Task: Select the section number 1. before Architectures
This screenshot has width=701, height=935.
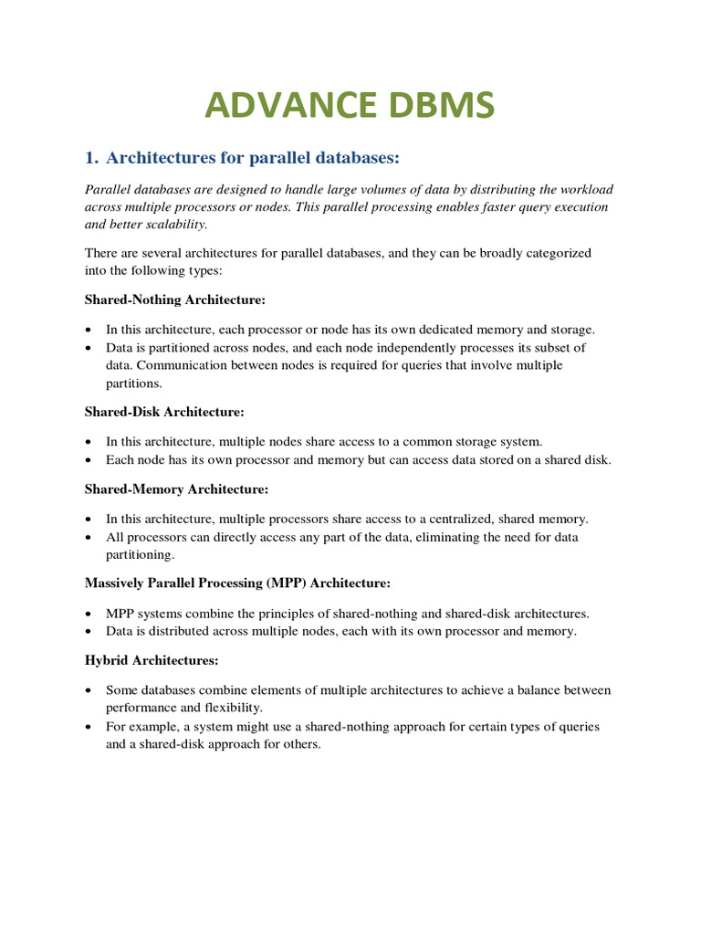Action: [x=91, y=158]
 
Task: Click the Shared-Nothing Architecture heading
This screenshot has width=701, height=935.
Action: [x=174, y=299]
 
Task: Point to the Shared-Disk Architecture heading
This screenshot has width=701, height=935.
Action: [x=164, y=413]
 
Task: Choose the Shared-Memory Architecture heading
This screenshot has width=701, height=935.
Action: [x=176, y=489]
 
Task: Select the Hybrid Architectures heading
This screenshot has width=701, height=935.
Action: [x=152, y=659]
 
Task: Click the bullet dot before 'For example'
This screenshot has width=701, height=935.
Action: [x=88, y=728]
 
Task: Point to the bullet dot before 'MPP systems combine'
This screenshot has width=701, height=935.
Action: [x=88, y=614]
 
